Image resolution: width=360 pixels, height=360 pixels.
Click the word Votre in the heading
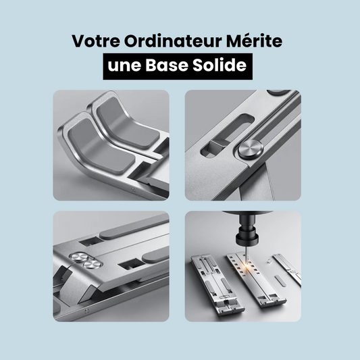[x=95, y=41]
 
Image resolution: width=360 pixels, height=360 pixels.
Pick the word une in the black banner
[x=124, y=66]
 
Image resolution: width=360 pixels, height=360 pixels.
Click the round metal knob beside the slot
[x=251, y=149]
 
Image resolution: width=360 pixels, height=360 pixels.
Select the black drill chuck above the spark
[x=247, y=234]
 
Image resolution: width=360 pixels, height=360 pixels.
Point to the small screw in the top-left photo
[x=132, y=190]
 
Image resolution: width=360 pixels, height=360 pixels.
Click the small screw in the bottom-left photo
[x=86, y=311]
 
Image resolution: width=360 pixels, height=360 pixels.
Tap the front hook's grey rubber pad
[x=101, y=147]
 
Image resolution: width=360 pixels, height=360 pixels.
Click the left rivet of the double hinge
[x=78, y=258]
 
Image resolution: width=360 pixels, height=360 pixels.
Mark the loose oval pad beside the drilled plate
[x=280, y=281]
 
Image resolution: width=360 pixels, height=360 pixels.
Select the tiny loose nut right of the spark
[x=269, y=261]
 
